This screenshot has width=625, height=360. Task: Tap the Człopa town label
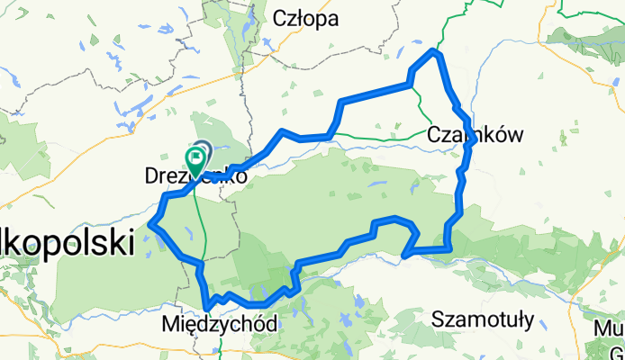coord(305,19)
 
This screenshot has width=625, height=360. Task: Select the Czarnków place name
coord(475,135)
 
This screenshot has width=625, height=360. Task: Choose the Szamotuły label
coord(484,319)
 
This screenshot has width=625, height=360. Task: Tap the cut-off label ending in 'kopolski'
coord(67,243)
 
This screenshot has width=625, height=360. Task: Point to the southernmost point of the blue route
coord(208,310)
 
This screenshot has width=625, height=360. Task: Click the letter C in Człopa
coord(279,19)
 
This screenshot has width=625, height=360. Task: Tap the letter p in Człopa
coord(322,21)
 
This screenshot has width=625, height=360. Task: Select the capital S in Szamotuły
coord(438,319)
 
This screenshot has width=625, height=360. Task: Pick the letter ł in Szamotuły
coord(515,319)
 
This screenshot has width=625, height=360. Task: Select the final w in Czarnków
coord(516,136)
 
